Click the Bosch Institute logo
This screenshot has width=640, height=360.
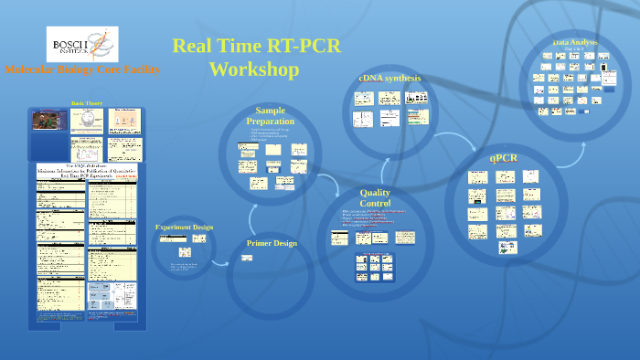coord(81,44)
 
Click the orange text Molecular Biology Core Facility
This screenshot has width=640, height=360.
coord(82,69)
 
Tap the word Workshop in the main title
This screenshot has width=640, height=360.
coord(253,69)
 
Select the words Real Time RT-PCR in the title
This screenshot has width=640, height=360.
coord(256,47)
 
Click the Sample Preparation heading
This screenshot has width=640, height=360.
coord(271,116)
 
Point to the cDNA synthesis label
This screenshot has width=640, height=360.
coord(389,78)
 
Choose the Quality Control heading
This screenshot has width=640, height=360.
coord(375,198)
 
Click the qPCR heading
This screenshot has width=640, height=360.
coord(504,158)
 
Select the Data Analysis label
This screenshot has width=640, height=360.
coord(576,43)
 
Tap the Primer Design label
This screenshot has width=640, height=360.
coord(272,243)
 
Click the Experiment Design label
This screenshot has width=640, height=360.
coord(184,227)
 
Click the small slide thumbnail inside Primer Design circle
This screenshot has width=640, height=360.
coord(247,258)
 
